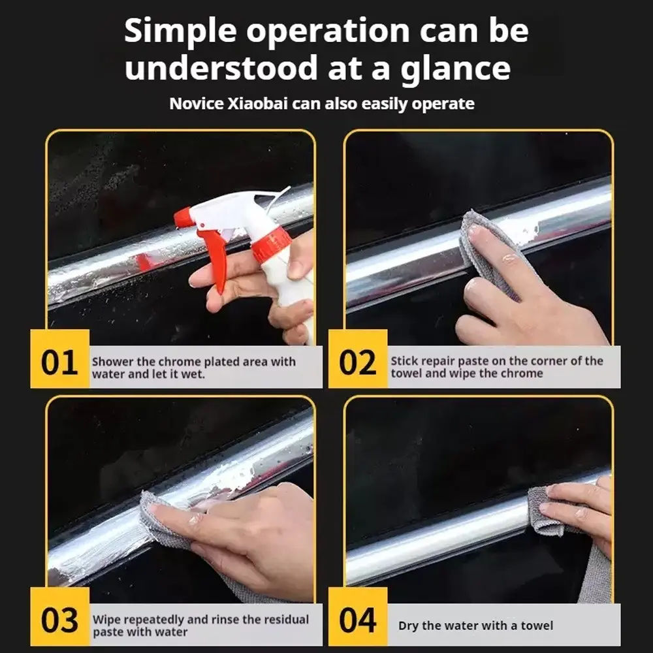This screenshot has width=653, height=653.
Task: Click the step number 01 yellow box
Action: tap(60, 358)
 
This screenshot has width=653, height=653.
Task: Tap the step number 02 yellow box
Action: tap(358, 358)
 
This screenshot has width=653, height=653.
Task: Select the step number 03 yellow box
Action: tap(60, 616)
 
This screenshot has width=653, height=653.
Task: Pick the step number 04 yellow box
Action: tap(358, 616)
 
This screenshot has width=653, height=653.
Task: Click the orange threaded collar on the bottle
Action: tap(271, 246)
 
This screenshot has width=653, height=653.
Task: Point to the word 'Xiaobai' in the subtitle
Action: tap(257, 104)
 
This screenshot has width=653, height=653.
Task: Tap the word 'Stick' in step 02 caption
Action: tap(404, 360)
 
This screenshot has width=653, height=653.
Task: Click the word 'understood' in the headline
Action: tap(220, 68)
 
